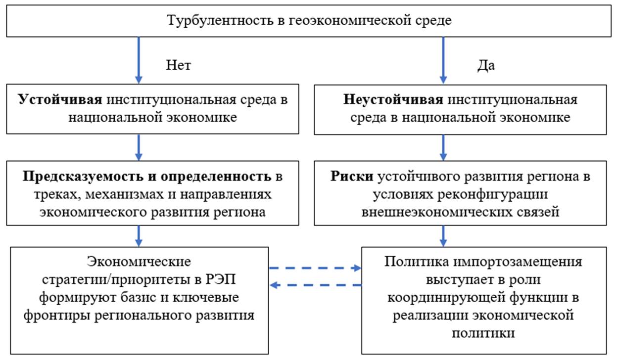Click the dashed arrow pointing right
(x=315, y=269)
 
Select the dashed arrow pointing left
(x=315, y=285)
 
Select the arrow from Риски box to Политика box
(x=443, y=235)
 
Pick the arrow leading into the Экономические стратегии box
(x=139, y=235)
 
